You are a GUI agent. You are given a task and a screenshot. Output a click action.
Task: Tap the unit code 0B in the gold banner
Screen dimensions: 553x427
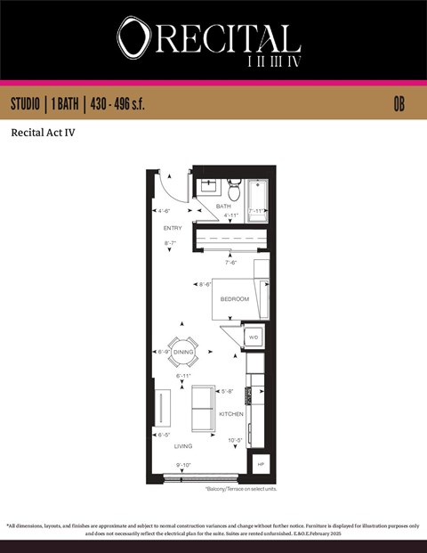click(x=399, y=104)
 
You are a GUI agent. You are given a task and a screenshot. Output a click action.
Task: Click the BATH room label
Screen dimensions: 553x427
click(x=223, y=207)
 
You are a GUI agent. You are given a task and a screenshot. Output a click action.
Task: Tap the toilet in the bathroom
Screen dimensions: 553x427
click(x=234, y=191)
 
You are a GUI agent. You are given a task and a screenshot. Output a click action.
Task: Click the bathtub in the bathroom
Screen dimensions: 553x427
click(x=257, y=204)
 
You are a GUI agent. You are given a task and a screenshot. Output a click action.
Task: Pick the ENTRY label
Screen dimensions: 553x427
click(x=173, y=228)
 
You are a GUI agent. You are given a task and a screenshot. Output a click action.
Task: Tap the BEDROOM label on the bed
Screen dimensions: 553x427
click(x=234, y=298)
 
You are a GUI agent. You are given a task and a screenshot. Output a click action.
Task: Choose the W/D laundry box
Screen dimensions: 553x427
click(x=254, y=337)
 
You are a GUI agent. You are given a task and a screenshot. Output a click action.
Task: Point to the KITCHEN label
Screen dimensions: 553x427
click(x=231, y=414)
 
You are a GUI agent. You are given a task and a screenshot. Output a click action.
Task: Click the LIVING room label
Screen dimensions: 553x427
click(x=183, y=446)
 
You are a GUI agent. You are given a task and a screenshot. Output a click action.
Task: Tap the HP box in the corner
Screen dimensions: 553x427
click(x=261, y=465)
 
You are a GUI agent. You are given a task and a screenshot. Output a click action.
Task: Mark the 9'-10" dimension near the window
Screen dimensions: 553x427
click(x=184, y=465)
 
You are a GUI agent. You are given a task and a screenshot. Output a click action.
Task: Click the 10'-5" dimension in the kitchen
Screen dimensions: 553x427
click(x=236, y=440)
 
